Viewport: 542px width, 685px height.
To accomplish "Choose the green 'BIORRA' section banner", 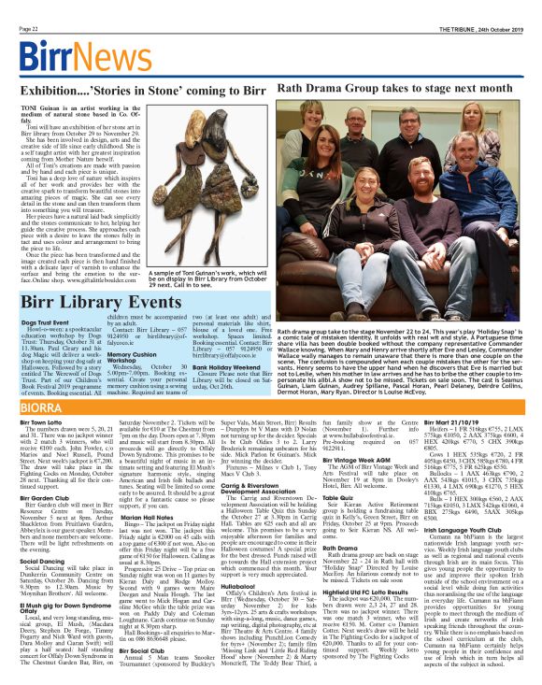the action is (x=41, y=407).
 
